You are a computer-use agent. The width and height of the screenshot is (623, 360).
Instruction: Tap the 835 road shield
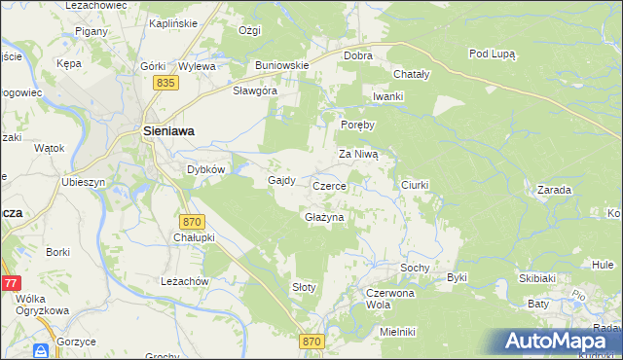click(166, 85)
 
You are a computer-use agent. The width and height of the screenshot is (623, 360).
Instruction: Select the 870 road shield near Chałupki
click(192, 222)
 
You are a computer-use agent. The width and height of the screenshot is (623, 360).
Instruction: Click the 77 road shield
click(10, 283)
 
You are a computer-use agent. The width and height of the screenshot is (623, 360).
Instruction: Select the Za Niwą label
click(363, 154)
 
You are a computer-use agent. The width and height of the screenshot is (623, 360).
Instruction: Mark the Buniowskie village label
click(281, 65)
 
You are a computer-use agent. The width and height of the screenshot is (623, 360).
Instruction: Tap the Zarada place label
click(553, 190)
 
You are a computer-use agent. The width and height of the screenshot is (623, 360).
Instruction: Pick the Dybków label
click(206, 168)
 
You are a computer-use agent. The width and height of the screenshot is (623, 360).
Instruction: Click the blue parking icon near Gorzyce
click(42, 350)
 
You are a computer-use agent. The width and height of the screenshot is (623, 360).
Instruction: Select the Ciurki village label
click(415, 184)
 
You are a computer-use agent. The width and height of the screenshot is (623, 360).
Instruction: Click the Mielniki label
click(398, 332)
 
